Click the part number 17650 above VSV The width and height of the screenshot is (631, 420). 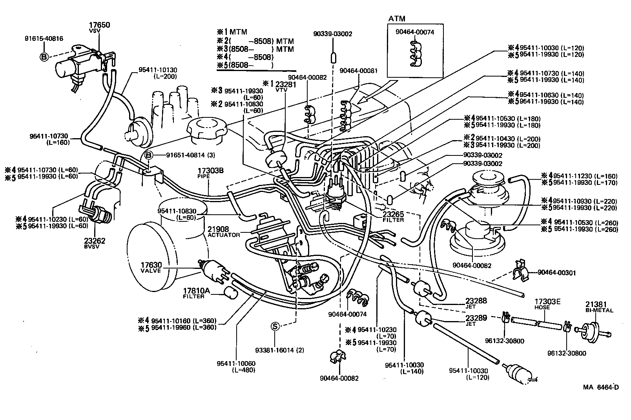[99, 25]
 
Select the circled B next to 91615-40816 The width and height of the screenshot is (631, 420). [44, 57]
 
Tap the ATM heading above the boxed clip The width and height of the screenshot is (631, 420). [397, 18]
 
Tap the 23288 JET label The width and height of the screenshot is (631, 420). [476, 303]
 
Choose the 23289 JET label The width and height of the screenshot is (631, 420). [476, 320]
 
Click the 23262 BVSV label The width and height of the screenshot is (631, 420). [95, 243]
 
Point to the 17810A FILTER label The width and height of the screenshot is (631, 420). [197, 293]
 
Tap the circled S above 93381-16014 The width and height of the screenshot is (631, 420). [275, 325]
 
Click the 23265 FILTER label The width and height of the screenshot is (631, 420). [393, 216]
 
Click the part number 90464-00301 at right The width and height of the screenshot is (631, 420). [556, 272]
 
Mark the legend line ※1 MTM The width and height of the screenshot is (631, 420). [233, 32]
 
